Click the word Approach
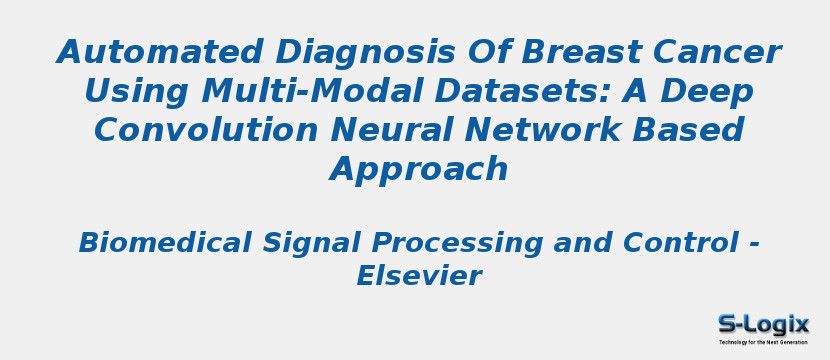(419, 170)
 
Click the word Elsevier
(419, 276)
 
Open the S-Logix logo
(763, 324)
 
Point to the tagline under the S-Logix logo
(763, 342)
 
